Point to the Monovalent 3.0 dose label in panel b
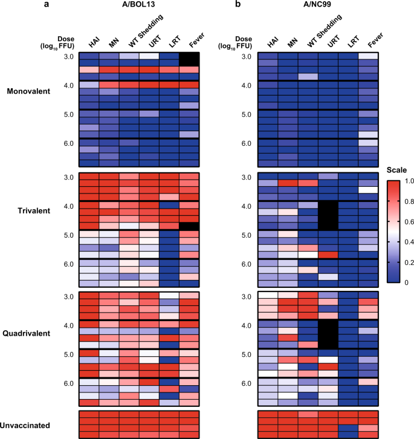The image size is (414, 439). tap(246, 57)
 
